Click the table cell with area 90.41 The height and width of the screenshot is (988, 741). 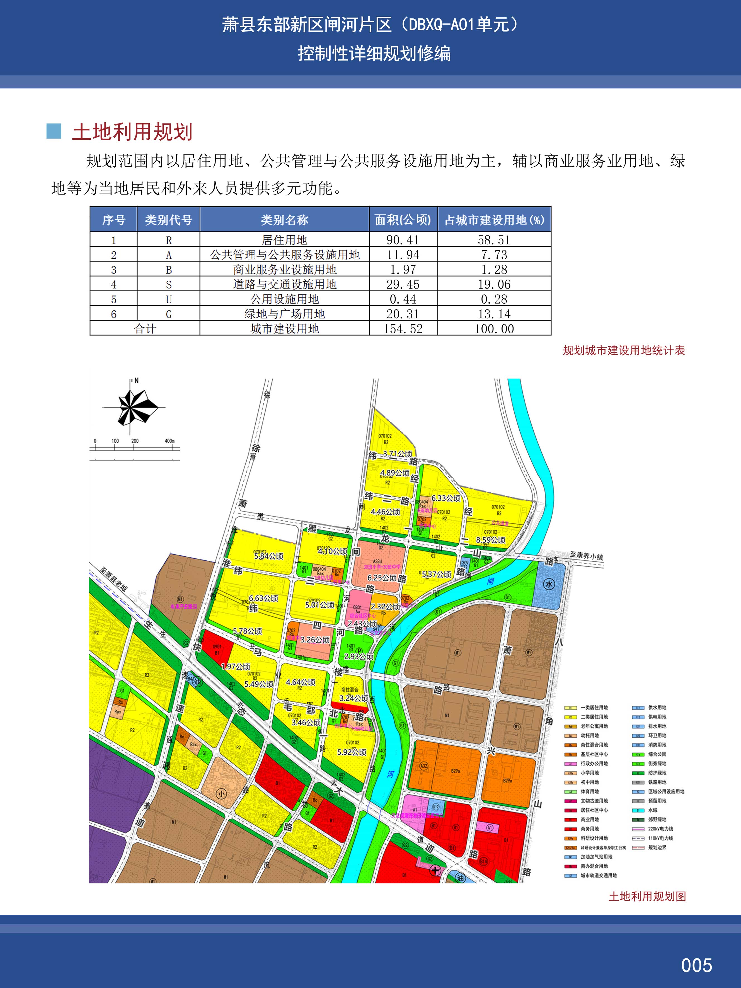[x=403, y=240]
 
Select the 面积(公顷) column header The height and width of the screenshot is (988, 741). [x=403, y=220]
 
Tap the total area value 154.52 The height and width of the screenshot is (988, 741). [x=403, y=329]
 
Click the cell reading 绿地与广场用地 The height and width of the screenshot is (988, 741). [x=285, y=314]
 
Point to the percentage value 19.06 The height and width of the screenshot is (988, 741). [x=494, y=285]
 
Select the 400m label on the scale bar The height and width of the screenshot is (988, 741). [x=169, y=441]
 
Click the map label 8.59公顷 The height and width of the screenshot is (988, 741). [x=490, y=540]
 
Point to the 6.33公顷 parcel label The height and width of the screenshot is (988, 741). [x=446, y=498]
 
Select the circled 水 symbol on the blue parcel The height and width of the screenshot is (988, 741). [x=549, y=584]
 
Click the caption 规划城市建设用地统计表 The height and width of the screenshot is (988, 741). [x=624, y=351]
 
